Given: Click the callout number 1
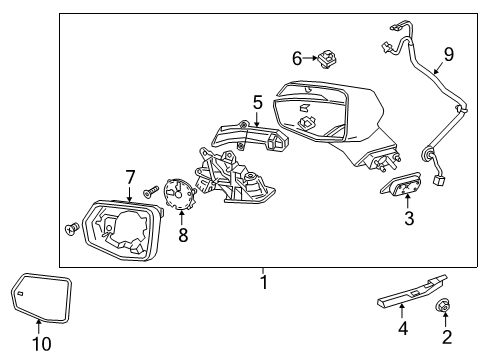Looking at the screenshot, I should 264,284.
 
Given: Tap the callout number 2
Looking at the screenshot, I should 446,337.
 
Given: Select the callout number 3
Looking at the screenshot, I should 409,219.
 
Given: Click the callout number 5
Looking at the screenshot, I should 258,102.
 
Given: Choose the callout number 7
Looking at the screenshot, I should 129,177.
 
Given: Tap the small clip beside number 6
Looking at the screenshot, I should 329,61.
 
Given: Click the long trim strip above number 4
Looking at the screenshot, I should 409,291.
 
